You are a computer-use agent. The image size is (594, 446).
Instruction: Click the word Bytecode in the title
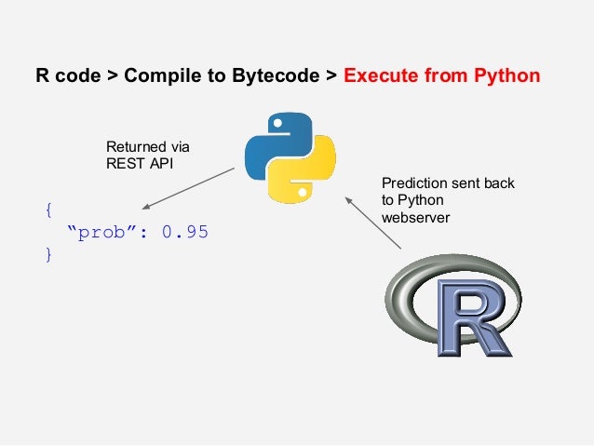point(276,75)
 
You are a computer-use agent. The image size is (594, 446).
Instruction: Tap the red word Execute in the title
point(383,75)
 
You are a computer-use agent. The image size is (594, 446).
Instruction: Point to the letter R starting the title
point(42,75)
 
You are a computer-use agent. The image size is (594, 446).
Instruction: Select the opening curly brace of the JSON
point(48,210)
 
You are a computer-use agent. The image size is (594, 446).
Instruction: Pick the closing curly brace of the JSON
point(48,254)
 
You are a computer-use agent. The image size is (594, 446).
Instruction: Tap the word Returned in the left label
point(129,147)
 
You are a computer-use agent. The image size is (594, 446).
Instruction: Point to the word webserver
point(411,218)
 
